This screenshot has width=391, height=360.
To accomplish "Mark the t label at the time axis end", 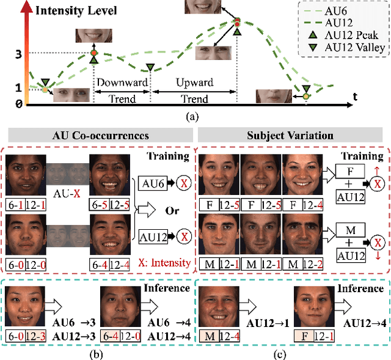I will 355,96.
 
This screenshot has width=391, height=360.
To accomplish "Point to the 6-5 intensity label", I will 100,204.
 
